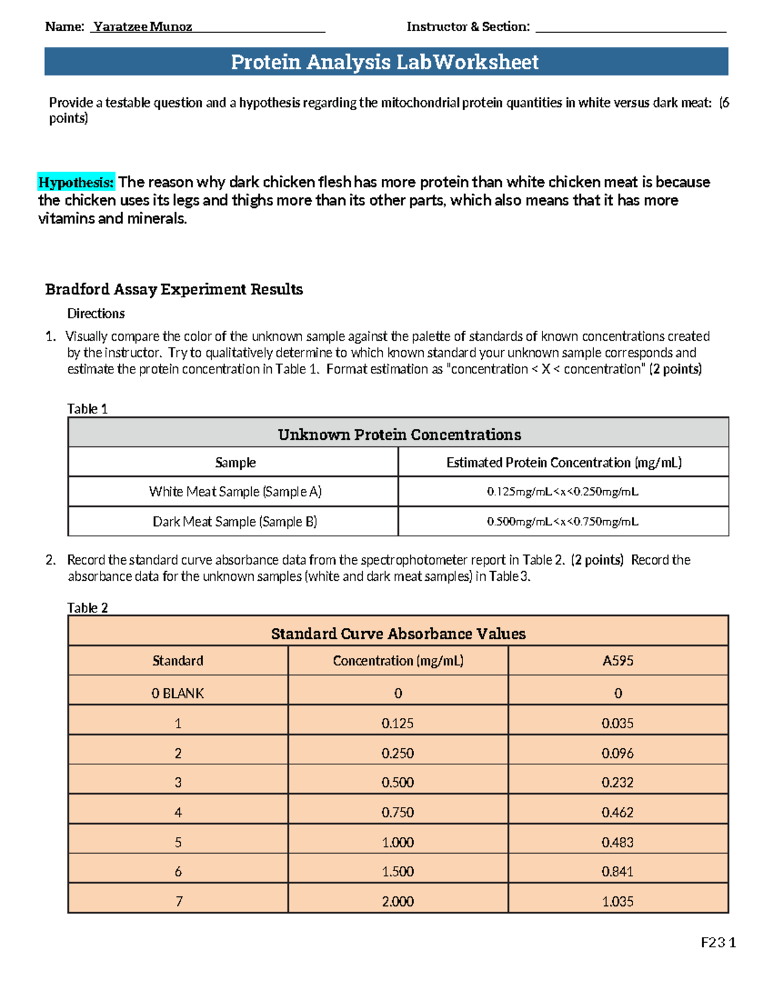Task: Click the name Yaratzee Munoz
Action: [x=142, y=26]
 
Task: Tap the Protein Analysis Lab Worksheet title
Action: [x=385, y=62]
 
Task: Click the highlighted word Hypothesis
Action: [x=76, y=182]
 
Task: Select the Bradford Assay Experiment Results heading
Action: [x=174, y=289]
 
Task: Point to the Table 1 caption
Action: [x=87, y=409]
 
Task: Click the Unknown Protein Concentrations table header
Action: [x=399, y=435]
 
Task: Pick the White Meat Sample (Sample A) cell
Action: [x=235, y=491]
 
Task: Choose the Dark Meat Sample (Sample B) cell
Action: [x=234, y=522]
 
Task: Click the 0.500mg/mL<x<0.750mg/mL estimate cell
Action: [x=562, y=522]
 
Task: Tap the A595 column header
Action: [x=618, y=661]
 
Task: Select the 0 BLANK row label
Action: [x=178, y=693]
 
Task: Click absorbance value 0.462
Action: [x=617, y=812]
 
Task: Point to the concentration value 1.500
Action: [x=397, y=871]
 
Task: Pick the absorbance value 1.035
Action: [x=617, y=901]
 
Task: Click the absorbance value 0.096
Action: [x=617, y=753]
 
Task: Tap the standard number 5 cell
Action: [x=178, y=842]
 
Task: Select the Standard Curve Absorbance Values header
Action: [x=398, y=634]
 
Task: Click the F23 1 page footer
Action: [x=718, y=943]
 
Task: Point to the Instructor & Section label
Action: [x=468, y=26]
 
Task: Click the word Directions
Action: [x=96, y=314]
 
